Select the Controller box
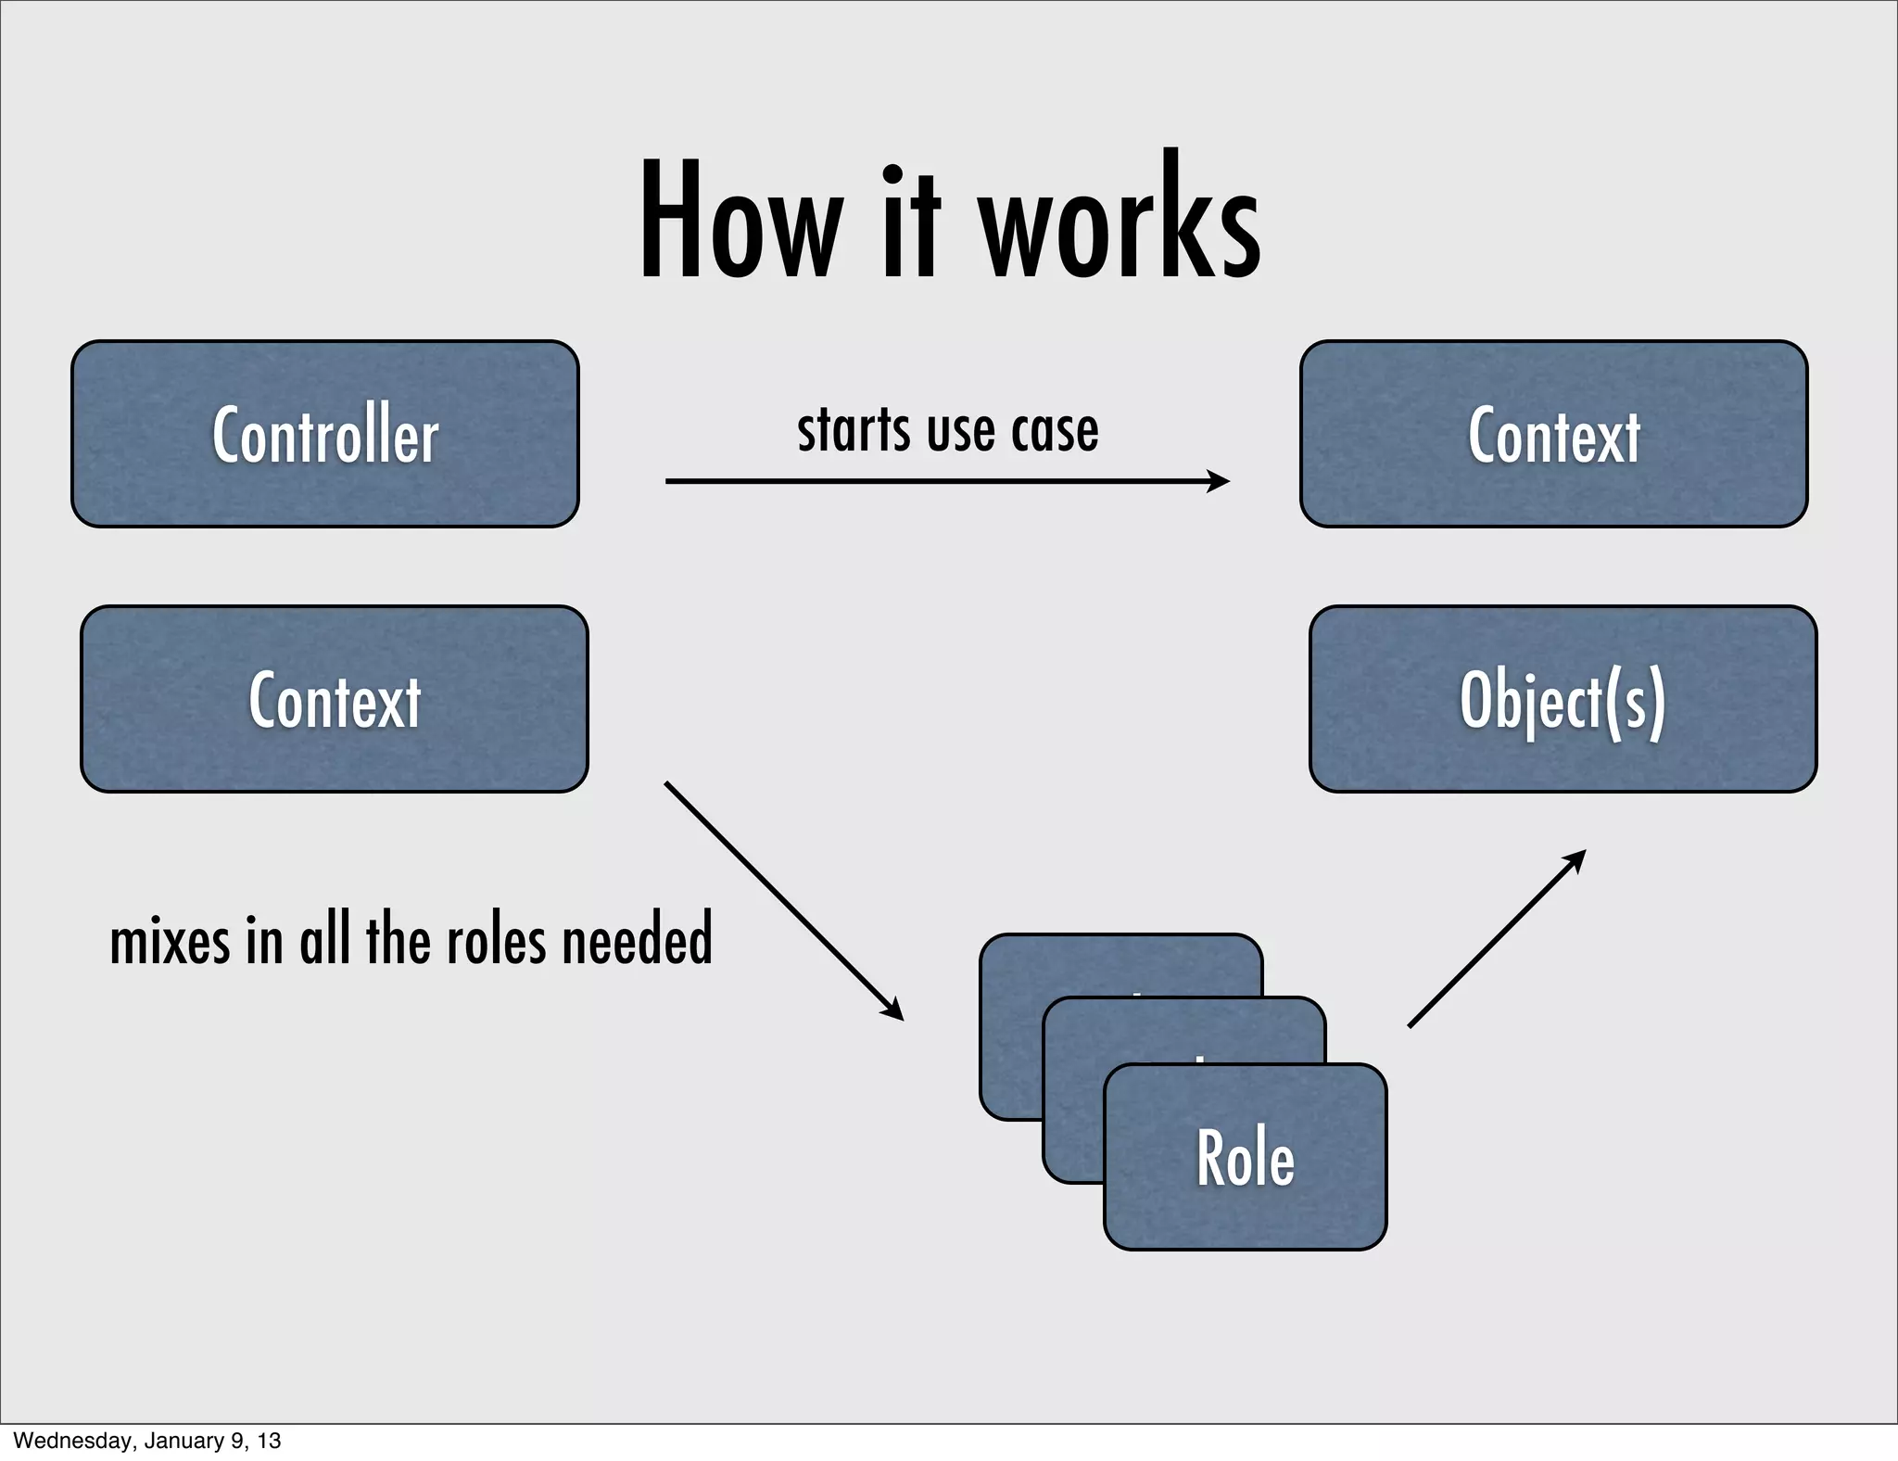tap(324, 434)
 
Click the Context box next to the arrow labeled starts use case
tap(1553, 434)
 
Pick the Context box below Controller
tap(334, 699)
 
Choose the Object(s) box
tap(1563, 699)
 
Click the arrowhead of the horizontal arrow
tap(1220, 481)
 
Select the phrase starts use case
tap(947, 431)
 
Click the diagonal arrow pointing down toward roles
tap(783, 900)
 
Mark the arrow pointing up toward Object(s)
tap(1496, 938)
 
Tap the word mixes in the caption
tap(170, 942)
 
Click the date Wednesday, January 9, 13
tap(146, 1441)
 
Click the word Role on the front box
tap(1245, 1159)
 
